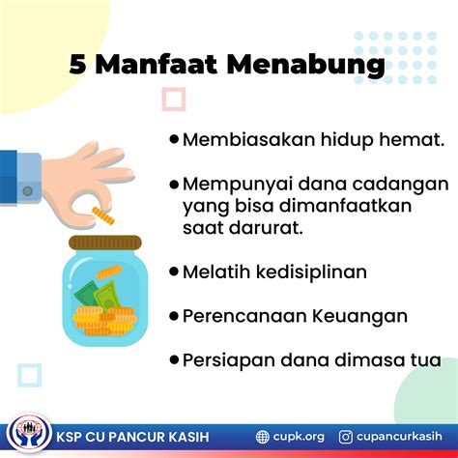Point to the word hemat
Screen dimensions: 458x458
tap(413, 140)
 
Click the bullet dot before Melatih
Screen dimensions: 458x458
tap(174, 272)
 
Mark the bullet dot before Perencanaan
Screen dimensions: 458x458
tap(174, 315)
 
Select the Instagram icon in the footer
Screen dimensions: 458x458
tap(346, 437)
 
